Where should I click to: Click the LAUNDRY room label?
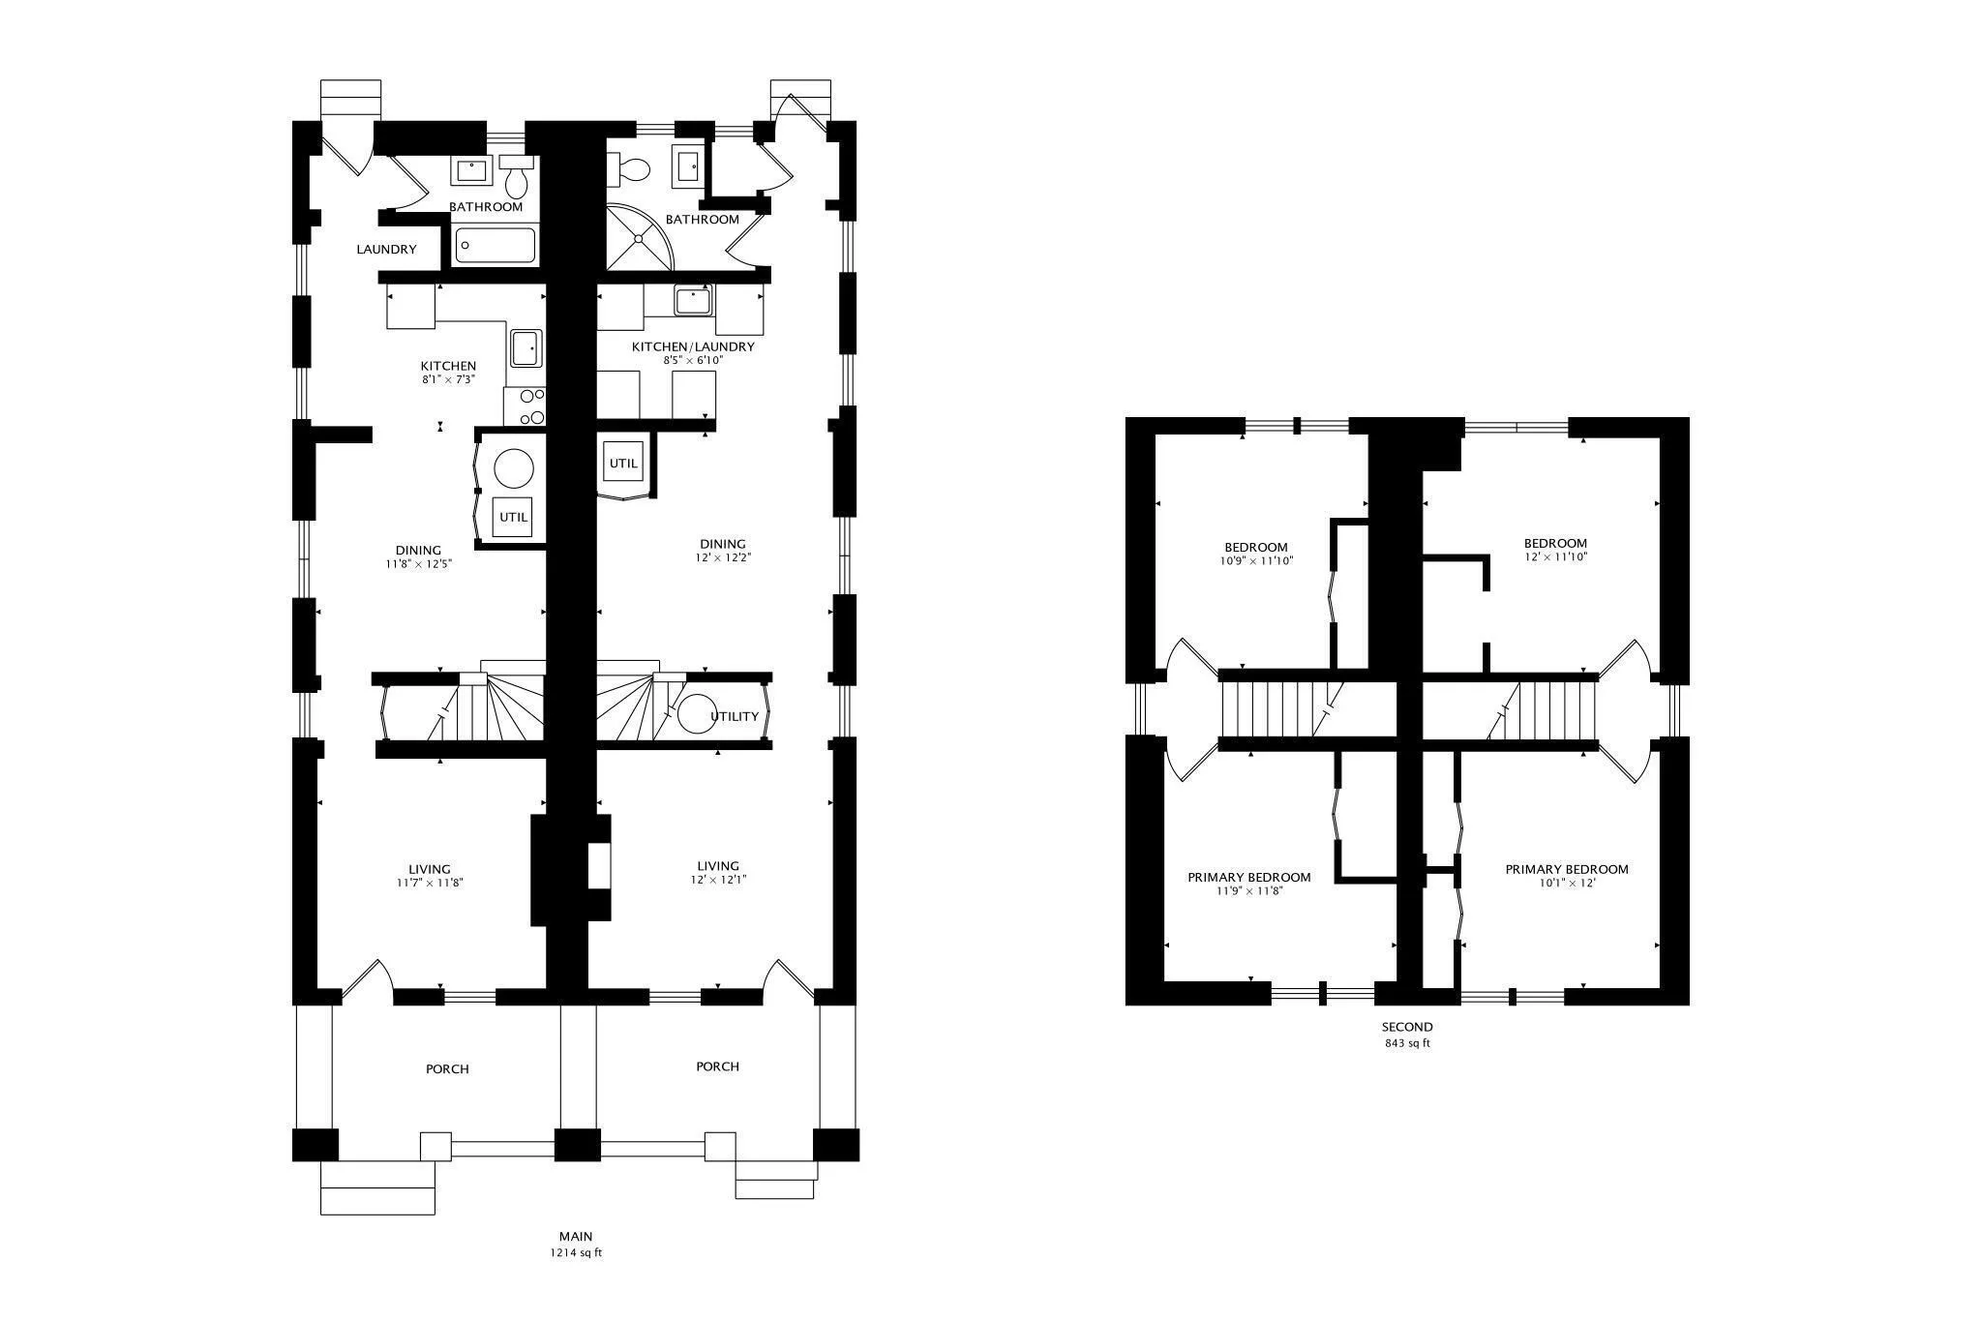tap(386, 250)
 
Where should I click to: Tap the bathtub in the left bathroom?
tap(495, 245)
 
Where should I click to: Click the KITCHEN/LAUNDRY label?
tap(693, 346)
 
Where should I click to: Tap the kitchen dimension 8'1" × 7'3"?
tap(448, 379)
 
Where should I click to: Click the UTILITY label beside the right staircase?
tap(735, 717)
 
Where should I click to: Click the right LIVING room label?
tap(717, 866)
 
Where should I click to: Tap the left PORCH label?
tap(447, 1069)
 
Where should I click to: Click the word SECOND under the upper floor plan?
tap(1407, 1027)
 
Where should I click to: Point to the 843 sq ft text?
tap(1407, 1043)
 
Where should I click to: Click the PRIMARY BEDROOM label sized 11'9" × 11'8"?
tap(1249, 878)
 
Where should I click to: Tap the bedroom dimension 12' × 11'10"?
tap(1555, 556)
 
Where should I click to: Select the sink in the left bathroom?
tap(471, 171)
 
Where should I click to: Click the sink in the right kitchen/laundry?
tap(693, 301)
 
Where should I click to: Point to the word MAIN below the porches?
tap(575, 1236)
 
